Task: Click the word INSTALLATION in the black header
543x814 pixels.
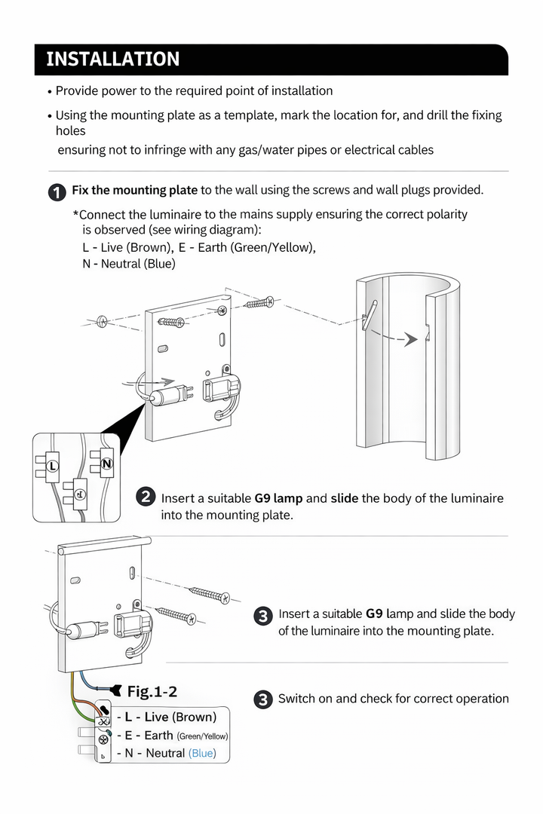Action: point(113,60)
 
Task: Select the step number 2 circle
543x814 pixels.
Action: point(146,497)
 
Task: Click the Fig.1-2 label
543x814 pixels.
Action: point(152,691)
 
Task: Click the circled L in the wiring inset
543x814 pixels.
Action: point(52,467)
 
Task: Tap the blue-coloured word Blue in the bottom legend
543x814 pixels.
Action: point(201,753)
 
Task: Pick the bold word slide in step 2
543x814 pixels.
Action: point(344,498)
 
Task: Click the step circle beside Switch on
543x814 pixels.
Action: point(262,699)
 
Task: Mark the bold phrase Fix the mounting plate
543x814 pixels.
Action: point(134,190)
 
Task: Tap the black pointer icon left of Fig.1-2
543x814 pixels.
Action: point(115,690)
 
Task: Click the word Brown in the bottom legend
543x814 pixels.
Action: point(194,717)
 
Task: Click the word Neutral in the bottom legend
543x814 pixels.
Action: point(164,753)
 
